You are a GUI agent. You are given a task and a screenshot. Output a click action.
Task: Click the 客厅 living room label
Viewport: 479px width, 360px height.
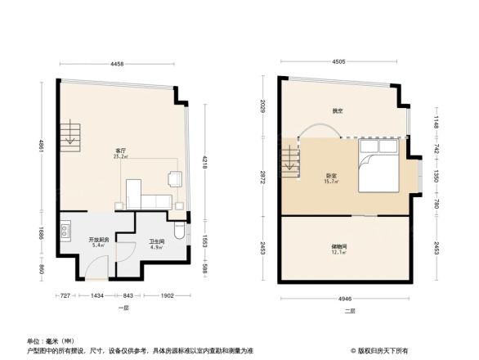pyautogui.click(x=120, y=151)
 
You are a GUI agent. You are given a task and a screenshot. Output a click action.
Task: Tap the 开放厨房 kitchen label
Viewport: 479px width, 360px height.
pyautogui.click(x=99, y=240)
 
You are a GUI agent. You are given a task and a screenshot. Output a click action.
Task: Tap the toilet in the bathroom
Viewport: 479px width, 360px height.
pyautogui.click(x=181, y=231)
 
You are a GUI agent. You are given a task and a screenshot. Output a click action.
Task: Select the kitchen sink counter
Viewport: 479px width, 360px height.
pyautogui.click(x=65, y=234)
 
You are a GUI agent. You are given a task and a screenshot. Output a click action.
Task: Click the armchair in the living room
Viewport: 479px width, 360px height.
pyautogui.click(x=174, y=179)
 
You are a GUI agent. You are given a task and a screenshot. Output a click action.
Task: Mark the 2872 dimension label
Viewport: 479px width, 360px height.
pyautogui.click(x=264, y=178)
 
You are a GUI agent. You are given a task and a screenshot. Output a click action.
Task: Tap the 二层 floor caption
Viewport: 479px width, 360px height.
pyautogui.click(x=349, y=312)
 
